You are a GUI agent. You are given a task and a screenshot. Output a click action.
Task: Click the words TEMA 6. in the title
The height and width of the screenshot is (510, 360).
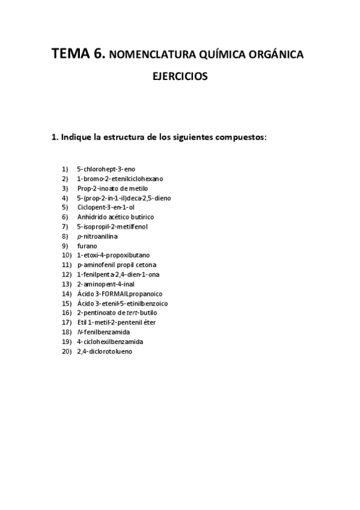tap(78, 55)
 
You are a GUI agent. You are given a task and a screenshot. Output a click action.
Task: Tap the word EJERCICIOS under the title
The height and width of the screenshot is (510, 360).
tap(180, 78)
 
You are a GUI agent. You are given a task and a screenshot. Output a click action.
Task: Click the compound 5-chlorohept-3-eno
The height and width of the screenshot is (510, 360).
tap(106, 169)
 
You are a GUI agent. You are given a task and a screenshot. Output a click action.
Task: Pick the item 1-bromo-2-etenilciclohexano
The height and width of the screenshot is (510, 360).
tap(120, 179)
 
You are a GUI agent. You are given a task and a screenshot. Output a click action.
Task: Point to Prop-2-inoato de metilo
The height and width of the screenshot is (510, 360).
tap(112, 188)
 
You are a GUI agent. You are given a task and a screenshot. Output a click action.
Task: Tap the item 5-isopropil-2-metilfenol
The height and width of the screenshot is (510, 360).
tap(112, 227)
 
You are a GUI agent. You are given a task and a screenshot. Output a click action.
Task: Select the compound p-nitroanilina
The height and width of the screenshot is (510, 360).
tap(97, 236)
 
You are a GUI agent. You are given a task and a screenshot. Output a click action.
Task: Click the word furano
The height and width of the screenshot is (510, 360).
tap(87, 246)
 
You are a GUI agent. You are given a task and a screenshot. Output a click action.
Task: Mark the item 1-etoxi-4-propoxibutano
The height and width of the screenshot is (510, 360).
tap(114, 255)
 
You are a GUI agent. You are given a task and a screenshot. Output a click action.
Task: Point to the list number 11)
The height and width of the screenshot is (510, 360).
tap(67, 265)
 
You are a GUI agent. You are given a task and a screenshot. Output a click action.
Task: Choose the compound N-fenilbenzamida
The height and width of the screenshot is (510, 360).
tap(103, 332)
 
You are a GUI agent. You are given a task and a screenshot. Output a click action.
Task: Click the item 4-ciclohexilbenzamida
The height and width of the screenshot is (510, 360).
tap(110, 342)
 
